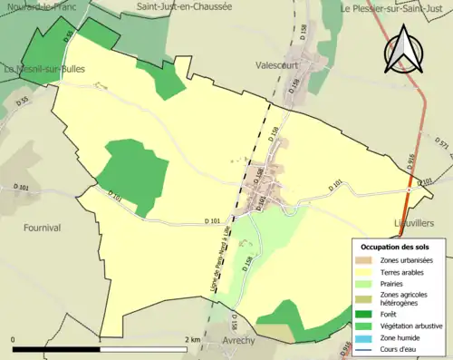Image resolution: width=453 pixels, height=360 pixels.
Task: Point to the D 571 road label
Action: (441, 143)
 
